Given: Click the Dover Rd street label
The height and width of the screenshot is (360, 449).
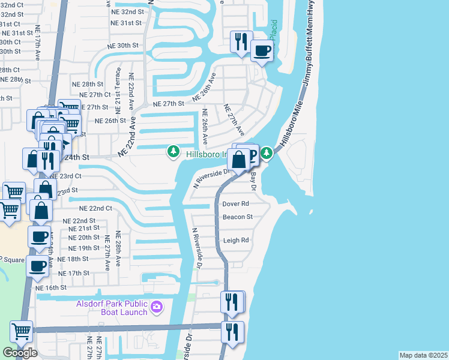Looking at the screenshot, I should point(235,204).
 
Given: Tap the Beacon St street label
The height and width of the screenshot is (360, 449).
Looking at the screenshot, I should point(238,217).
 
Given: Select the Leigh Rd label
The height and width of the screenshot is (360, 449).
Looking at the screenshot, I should point(236,241).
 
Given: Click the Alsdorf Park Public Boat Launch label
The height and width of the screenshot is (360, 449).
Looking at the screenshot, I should point(112,308).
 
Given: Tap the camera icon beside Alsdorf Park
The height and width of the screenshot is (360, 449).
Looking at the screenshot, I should point(157,307).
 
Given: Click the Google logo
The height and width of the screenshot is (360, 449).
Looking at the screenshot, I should point(19,353).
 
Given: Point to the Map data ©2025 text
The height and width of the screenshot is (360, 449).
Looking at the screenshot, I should point(424,355).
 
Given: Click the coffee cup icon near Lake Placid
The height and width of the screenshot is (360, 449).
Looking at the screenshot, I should point(261,52).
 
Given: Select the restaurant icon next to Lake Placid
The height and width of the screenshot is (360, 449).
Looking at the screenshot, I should point(242,42).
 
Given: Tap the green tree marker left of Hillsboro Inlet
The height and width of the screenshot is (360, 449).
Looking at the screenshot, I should point(173,151).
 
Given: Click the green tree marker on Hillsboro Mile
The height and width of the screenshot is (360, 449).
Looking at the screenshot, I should point(266,154).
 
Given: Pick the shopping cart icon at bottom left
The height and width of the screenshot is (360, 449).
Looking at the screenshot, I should point(21,331).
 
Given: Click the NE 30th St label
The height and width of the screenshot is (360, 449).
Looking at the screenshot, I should point(124,46).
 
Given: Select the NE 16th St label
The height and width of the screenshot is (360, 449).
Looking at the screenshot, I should point(51,288).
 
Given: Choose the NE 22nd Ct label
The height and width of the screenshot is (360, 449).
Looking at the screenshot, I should point(96,208).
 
